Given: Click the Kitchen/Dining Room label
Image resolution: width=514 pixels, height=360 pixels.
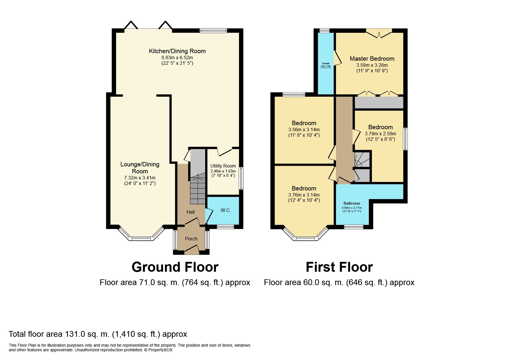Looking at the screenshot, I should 177,51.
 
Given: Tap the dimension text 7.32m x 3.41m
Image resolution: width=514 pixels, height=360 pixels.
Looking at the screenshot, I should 140,178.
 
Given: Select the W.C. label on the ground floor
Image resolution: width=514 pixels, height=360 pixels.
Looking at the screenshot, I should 226,210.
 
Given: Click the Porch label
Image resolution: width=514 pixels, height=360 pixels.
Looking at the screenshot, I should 191,239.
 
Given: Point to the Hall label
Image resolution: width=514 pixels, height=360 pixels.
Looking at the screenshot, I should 190,212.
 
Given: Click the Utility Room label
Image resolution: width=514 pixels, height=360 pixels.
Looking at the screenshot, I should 223,166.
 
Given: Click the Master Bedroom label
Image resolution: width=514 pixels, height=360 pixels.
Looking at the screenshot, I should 372,59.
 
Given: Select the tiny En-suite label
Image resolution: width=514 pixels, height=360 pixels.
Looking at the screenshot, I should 325,63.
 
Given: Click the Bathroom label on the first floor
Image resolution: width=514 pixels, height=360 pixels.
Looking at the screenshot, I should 351,203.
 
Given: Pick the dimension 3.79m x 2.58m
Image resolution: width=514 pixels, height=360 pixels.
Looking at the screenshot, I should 380,134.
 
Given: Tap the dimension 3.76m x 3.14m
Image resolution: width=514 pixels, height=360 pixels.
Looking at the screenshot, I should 304,195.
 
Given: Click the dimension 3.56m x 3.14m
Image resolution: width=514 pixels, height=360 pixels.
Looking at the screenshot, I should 304,130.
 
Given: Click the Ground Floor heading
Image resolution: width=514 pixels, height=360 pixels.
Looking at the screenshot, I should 175,267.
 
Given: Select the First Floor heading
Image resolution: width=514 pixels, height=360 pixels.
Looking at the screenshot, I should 339,267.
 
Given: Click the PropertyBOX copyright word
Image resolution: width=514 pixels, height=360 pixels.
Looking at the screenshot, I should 160,350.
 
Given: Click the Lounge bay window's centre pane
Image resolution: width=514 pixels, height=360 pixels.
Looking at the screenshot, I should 141,239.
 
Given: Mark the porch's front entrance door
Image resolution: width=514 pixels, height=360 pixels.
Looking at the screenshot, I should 192,249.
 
